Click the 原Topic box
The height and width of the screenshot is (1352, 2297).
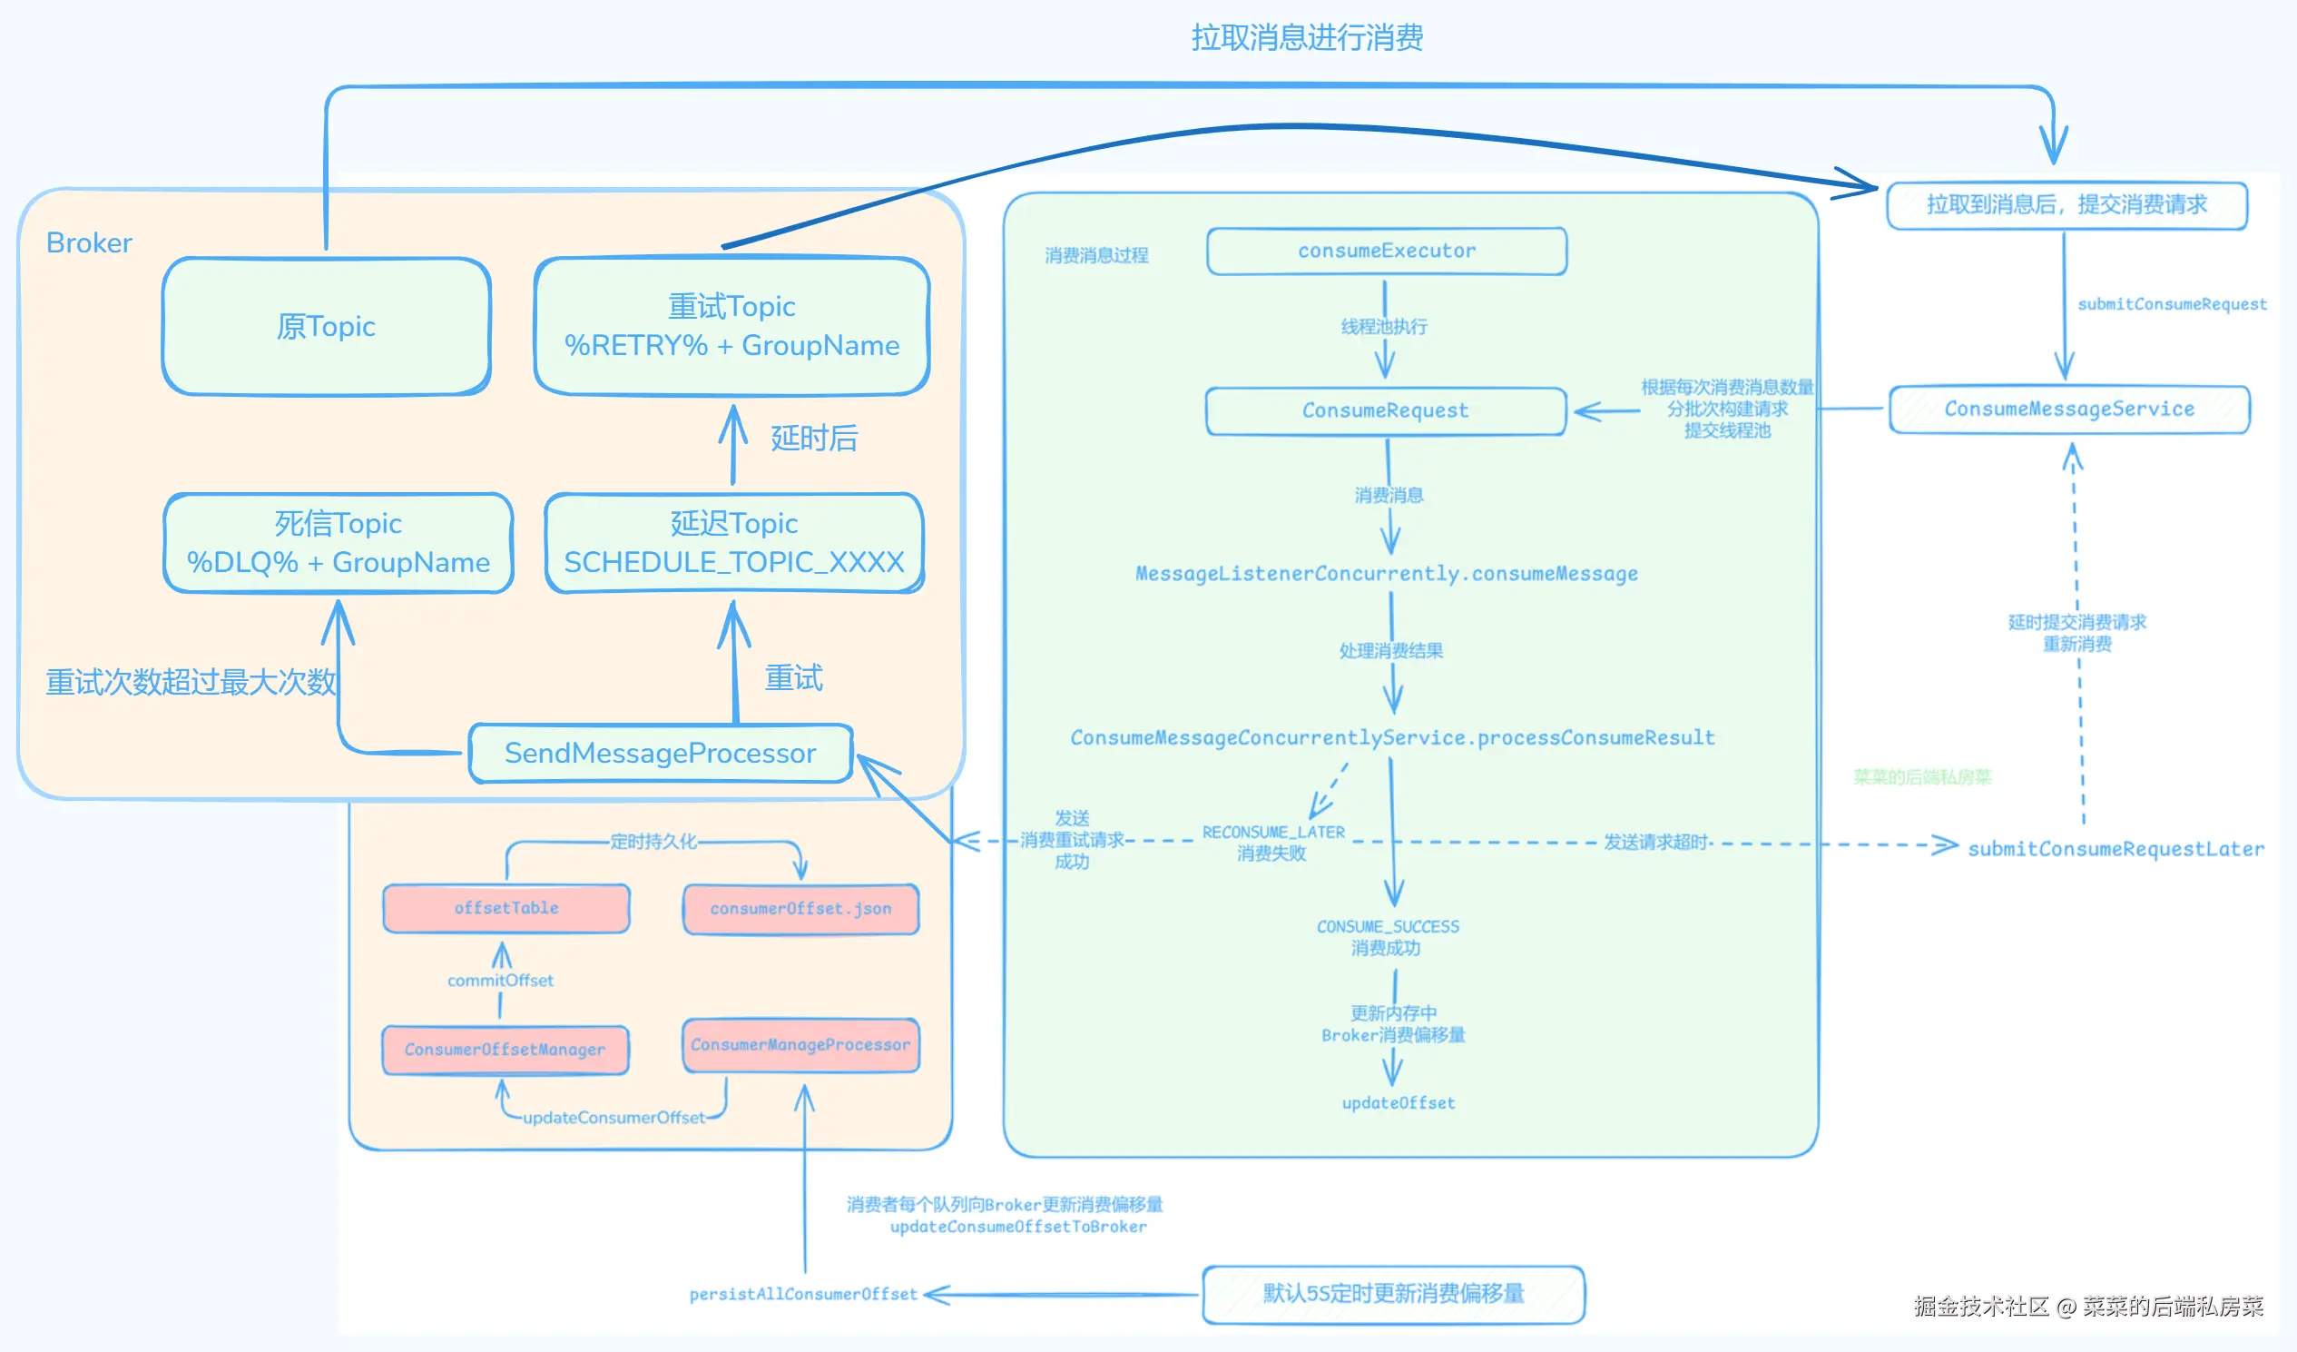pyautogui.click(x=327, y=326)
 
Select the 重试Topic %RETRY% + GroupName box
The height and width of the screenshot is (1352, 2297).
pyautogui.click(x=731, y=326)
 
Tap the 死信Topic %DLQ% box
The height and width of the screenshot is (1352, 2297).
pyautogui.click(x=339, y=543)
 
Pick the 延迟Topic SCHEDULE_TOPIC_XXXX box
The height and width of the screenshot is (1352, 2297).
pyautogui.click(x=734, y=543)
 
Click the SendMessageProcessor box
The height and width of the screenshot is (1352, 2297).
pyautogui.click(x=660, y=753)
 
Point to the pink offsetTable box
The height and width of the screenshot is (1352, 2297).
pyautogui.click(x=506, y=908)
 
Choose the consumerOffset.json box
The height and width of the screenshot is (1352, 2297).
pyautogui.click(x=800, y=909)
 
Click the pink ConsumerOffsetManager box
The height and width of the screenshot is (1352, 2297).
pyautogui.click(x=505, y=1050)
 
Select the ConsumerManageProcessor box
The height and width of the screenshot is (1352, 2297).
pyautogui.click(x=800, y=1045)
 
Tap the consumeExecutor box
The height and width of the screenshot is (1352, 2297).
pyautogui.click(x=1387, y=251)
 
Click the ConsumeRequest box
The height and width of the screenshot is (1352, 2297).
pyautogui.click(x=1386, y=410)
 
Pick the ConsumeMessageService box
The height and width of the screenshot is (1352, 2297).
pyautogui.click(x=2069, y=410)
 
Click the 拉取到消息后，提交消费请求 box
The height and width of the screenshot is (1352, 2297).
pyautogui.click(x=2066, y=205)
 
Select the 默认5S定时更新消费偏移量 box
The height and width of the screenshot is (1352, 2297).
pyautogui.click(x=1393, y=1294)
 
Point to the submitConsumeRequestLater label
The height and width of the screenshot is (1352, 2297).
pyautogui.click(x=2115, y=849)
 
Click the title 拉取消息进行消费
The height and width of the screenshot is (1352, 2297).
pyautogui.click(x=1307, y=37)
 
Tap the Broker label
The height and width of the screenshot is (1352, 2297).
pyautogui.click(x=88, y=242)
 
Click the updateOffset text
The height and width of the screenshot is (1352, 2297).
pyautogui.click(x=1399, y=1103)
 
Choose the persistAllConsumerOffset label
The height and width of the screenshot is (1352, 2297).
pyautogui.click(x=803, y=1295)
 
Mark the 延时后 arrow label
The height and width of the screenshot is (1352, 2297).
pyautogui.click(x=814, y=439)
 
